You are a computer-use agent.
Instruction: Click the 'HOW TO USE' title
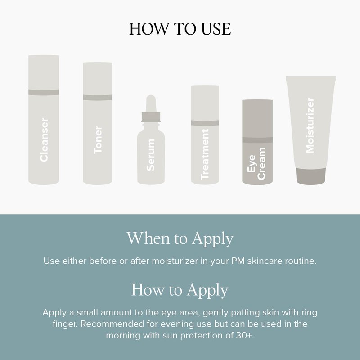click(180, 29)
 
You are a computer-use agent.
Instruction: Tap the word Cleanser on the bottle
click(44, 140)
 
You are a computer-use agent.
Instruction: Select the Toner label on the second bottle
click(98, 140)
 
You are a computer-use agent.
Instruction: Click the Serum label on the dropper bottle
click(151, 155)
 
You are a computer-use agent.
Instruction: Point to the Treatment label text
click(205, 154)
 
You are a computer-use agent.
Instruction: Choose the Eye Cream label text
click(256, 163)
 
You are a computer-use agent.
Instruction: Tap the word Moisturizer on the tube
click(310, 126)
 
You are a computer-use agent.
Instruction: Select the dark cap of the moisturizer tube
click(310, 176)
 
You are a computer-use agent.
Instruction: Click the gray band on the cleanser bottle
click(44, 92)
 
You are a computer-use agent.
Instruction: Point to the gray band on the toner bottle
click(97, 97)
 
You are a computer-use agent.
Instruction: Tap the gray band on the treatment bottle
click(205, 123)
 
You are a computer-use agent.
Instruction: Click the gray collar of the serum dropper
click(151, 117)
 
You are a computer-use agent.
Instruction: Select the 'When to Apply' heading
click(180, 239)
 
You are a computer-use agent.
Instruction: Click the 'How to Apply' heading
click(180, 290)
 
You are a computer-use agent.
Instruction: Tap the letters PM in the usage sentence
click(238, 261)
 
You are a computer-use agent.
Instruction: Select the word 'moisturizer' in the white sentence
click(175, 261)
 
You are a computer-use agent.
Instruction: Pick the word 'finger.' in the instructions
click(65, 324)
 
